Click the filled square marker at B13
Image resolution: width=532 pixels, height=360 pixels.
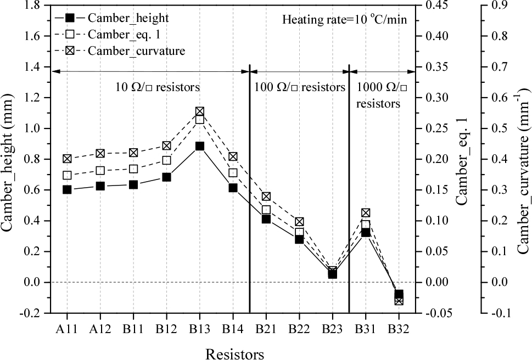point(200,146)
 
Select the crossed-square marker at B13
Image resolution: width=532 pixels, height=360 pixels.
point(200,111)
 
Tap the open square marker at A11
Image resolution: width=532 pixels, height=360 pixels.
point(67,176)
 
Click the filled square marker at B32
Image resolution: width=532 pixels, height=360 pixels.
point(399,294)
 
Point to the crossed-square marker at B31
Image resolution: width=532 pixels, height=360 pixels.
point(366,213)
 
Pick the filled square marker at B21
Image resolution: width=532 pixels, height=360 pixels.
point(266,219)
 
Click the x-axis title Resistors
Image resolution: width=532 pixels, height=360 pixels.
point(234,353)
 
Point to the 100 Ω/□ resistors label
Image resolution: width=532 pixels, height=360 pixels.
point(300,87)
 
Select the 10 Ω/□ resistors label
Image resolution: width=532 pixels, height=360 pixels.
point(157,87)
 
